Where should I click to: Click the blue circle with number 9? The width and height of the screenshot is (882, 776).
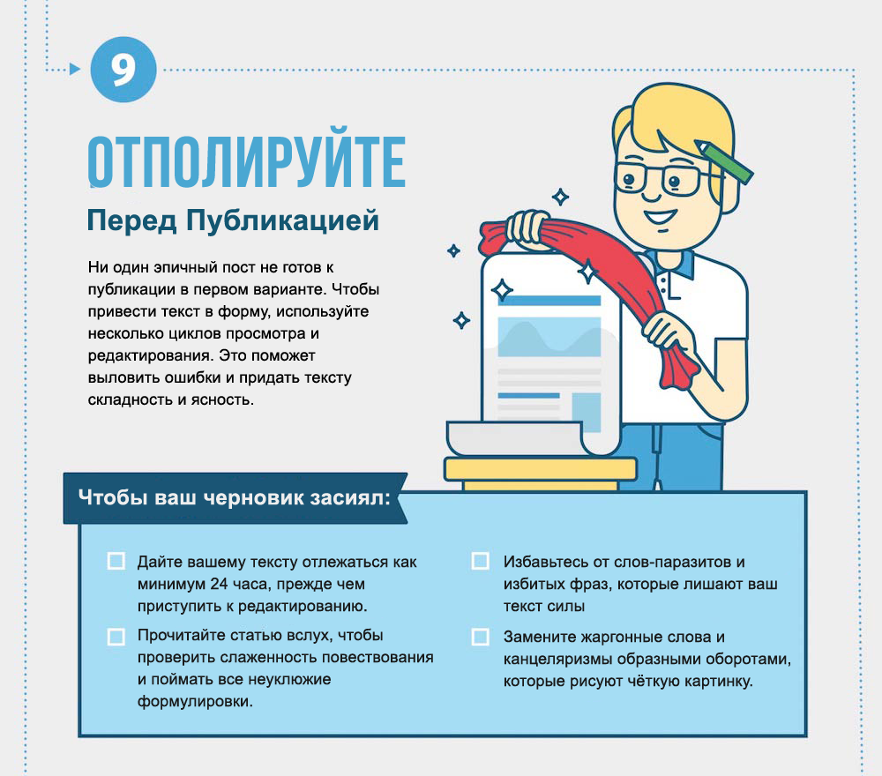[x=123, y=69]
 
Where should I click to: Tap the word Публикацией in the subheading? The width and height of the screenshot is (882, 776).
[x=282, y=220]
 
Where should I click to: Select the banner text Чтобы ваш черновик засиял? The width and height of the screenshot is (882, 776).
[x=234, y=497]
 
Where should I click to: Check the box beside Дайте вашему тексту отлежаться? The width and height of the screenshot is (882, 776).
[x=116, y=561]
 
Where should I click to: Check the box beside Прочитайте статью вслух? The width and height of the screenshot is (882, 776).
[x=116, y=637]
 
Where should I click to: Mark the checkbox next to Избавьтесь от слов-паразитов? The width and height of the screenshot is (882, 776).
[x=481, y=561]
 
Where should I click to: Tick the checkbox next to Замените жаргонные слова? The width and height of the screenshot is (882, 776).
[x=481, y=637]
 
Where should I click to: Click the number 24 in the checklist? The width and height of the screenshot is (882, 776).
[x=220, y=585]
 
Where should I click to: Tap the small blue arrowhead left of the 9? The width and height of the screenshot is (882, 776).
[x=75, y=69]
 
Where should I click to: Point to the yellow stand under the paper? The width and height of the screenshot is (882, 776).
[x=540, y=474]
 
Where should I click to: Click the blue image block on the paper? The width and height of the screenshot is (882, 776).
[x=549, y=336]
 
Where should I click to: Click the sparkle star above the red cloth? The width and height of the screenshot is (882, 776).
[x=560, y=197]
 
